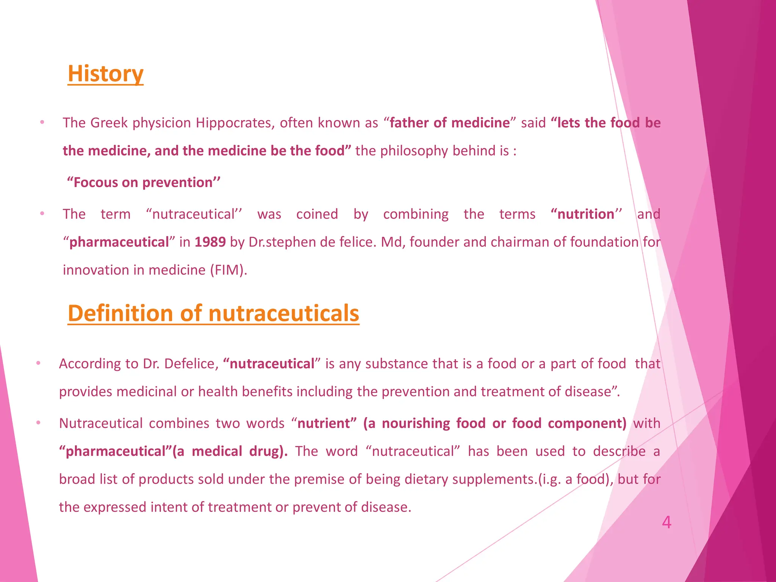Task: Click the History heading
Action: tap(105, 74)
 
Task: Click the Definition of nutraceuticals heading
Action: tap(213, 313)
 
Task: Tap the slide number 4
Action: tap(666, 523)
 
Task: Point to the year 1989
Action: tap(210, 242)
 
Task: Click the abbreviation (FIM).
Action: tap(228, 270)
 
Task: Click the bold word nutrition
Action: tap(585, 214)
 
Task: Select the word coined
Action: tap(317, 214)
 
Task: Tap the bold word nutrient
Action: tap(324, 423)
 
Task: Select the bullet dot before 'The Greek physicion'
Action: tap(42, 122)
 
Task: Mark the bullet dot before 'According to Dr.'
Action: tap(38, 363)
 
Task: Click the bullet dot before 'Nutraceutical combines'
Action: tap(38, 423)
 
